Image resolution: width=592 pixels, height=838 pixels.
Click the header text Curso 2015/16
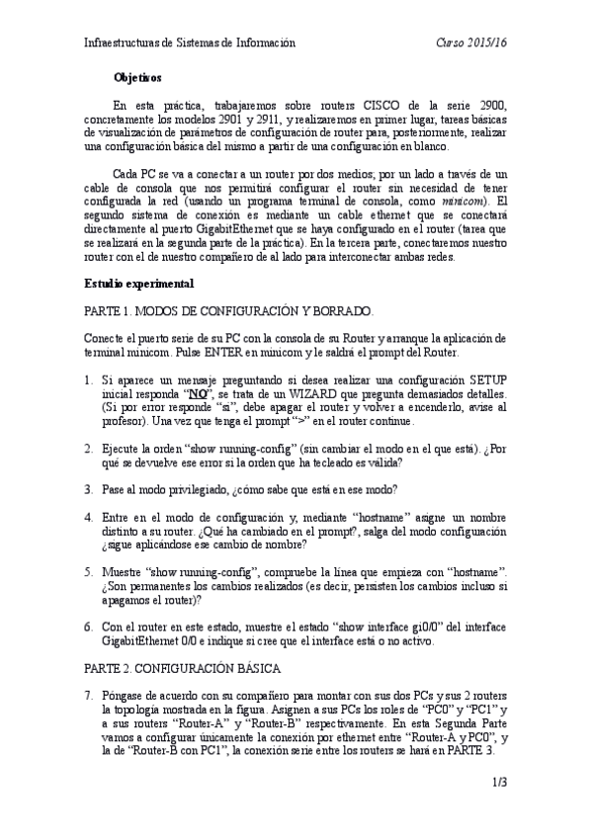click(x=471, y=42)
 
